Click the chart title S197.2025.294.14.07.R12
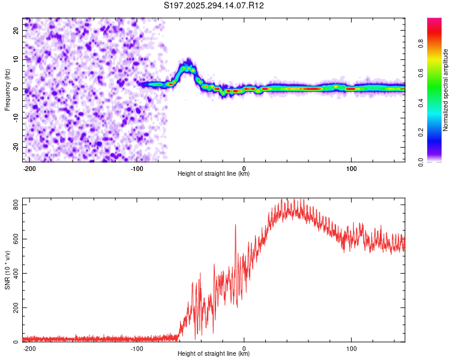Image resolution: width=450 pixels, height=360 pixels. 214,6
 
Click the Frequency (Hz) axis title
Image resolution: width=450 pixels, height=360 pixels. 7,89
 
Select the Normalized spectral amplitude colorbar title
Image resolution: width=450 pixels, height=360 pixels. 446,89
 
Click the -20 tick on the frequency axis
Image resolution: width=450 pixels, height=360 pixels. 15,147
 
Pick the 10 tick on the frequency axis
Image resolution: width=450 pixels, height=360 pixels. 16,59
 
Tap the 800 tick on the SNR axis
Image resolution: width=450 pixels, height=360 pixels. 13,205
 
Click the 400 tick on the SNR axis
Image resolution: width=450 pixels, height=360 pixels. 13,274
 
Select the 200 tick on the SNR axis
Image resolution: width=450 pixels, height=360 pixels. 13,308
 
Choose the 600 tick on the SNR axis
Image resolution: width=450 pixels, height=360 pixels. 13,239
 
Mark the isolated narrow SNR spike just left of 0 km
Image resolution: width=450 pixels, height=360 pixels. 235,226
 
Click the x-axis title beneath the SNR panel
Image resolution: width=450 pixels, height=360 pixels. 214,354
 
